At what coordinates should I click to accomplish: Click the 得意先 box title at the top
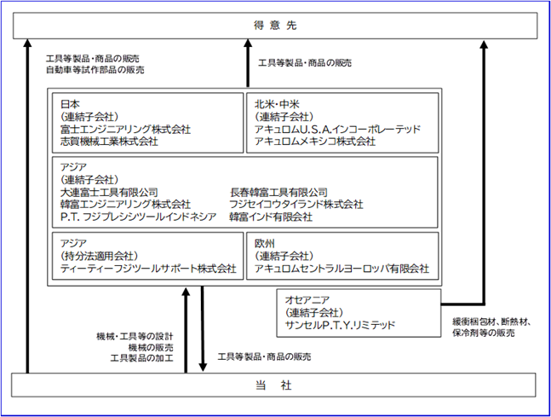point(275,26)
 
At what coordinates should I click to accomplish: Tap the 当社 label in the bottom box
point(273,385)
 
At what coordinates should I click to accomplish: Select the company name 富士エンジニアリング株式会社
point(125,129)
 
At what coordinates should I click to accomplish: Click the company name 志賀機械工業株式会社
point(109,142)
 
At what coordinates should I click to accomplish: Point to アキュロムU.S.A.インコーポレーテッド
point(337,129)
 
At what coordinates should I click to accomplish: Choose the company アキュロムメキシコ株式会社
point(315,142)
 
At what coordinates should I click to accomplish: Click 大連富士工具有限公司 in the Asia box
point(109,192)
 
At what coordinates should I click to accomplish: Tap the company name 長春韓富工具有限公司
point(278,192)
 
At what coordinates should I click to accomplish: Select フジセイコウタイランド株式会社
point(296,205)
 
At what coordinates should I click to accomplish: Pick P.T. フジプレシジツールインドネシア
point(138,217)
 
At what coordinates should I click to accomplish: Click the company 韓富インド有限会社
point(271,217)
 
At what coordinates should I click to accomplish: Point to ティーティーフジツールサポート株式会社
point(148,269)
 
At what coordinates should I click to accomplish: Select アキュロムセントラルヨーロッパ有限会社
point(342,269)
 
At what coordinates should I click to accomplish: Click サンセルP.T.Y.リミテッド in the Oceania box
point(340,325)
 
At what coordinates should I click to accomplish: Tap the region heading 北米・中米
point(277,104)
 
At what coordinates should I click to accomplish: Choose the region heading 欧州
point(265,244)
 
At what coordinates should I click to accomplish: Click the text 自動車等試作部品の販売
point(95,70)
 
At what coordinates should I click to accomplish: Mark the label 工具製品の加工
point(141,358)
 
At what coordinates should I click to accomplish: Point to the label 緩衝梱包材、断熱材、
point(491,321)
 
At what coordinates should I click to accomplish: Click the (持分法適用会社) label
point(99,256)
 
